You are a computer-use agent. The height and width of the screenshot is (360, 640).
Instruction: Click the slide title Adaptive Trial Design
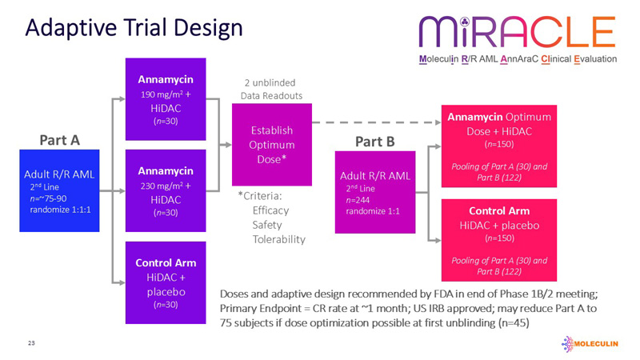tap(133, 29)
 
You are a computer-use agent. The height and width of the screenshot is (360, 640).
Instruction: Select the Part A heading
tap(59, 140)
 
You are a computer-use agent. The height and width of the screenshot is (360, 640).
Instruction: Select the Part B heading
tap(374, 142)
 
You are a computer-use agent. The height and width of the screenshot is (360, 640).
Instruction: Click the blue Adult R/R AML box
tap(59, 190)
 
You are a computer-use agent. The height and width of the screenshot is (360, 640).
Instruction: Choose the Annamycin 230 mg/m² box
tap(166, 191)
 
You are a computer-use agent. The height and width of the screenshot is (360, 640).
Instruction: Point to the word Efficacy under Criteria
tap(270, 210)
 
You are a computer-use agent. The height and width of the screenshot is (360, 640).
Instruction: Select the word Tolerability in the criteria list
tap(278, 239)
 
